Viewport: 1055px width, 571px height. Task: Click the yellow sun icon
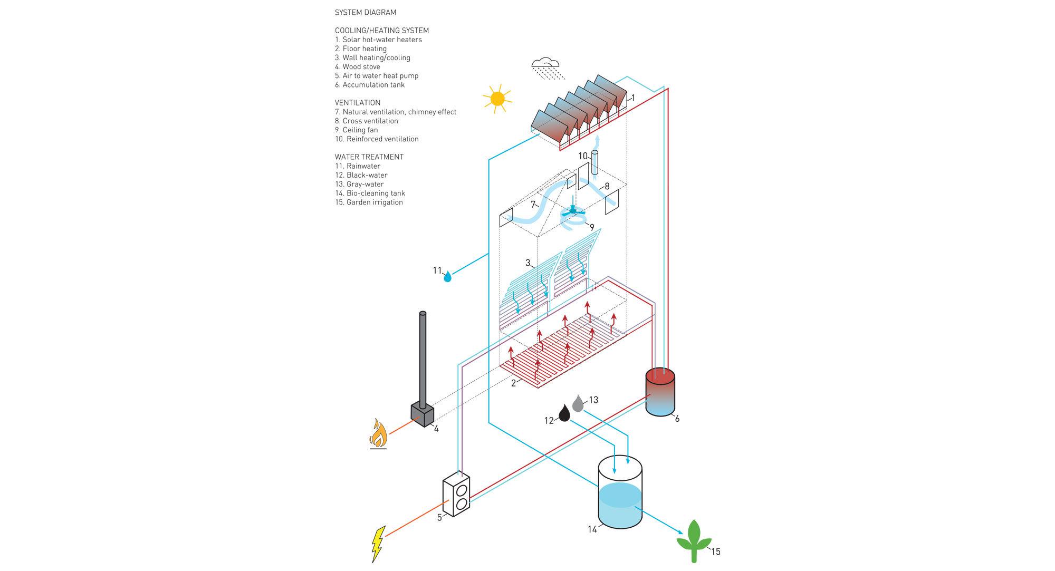[497, 99]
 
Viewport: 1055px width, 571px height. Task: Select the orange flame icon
[378, 433]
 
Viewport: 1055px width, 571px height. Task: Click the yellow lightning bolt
[378, 544]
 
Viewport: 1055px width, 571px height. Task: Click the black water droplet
[564, 413]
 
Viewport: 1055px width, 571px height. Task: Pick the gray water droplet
[578, 403]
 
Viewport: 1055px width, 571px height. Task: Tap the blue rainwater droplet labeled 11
[448, 276]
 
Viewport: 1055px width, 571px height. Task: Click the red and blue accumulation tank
[660, 392]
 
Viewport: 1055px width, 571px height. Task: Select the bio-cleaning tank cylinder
[620, 493]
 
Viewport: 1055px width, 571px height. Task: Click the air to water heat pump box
[456, 495]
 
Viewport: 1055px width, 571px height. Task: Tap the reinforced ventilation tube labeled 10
[595, 163]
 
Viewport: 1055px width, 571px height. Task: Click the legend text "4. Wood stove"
[357, 67]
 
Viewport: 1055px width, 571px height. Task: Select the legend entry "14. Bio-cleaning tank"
[370, 193]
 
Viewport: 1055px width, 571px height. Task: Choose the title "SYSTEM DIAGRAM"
[365, 13]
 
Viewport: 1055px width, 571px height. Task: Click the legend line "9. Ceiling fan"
[356, 130]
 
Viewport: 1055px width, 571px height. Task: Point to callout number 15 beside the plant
[715, 552]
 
